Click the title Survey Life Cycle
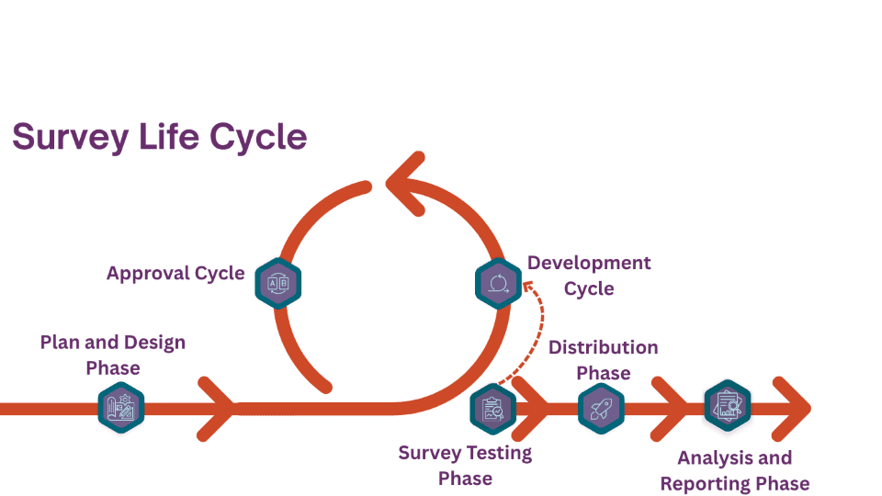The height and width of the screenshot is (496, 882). pyautogui.click(x=158, y=137)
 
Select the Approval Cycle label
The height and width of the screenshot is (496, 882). pyautogui.click(x=175, y=274)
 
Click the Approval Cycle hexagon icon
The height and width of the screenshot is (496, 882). pyautogui.click(x=276, y=283)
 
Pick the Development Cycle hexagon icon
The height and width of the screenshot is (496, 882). pyautogui.click(x=498, y=283)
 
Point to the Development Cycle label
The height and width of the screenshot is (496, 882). pyautogui.click(x=588, y=276)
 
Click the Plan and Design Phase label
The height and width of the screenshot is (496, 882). pyautogui.click(x=113, y=355)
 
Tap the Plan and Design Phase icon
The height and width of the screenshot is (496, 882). pyautogui.click(x=121, y=409)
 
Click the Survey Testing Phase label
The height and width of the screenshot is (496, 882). pyautogui.click(x=465, y=465)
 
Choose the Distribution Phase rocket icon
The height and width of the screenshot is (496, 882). pyautogui.click(x=602, y=409)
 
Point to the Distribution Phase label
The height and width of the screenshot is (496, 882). pyautogui.click(x=603, y=360)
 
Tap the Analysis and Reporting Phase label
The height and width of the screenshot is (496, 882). pyautogui.click(x=734, y=470)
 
